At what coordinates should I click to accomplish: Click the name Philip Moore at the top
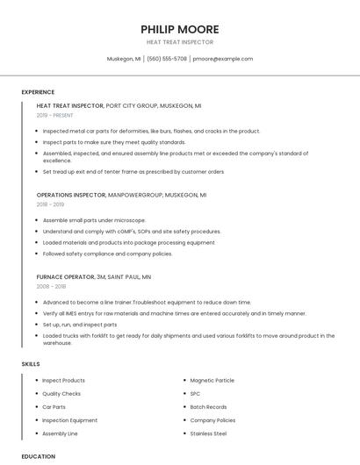point(179,29)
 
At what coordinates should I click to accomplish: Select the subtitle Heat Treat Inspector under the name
point(179,42)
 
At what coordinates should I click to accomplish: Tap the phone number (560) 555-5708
point(167,59)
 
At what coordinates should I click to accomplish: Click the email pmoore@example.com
point(223,59)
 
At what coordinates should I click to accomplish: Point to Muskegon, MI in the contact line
point(124,59)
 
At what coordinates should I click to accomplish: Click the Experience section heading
point(38,92)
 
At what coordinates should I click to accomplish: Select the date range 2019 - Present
point(54,115)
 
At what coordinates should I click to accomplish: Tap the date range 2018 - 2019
point(51,204)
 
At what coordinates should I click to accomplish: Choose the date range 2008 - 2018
point(51,286)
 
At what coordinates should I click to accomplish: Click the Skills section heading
point(31,363)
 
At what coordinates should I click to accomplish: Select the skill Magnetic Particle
point(212,380)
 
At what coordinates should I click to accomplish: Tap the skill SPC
point(195,394)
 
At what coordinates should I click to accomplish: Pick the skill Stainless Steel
point(208,433)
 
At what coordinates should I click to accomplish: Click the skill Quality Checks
point(61,394)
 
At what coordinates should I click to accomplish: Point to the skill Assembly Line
point(60,433)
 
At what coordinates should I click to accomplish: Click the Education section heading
point(38,456)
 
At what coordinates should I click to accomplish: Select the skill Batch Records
point(208,407)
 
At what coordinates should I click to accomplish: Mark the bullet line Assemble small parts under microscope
point(94,220)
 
